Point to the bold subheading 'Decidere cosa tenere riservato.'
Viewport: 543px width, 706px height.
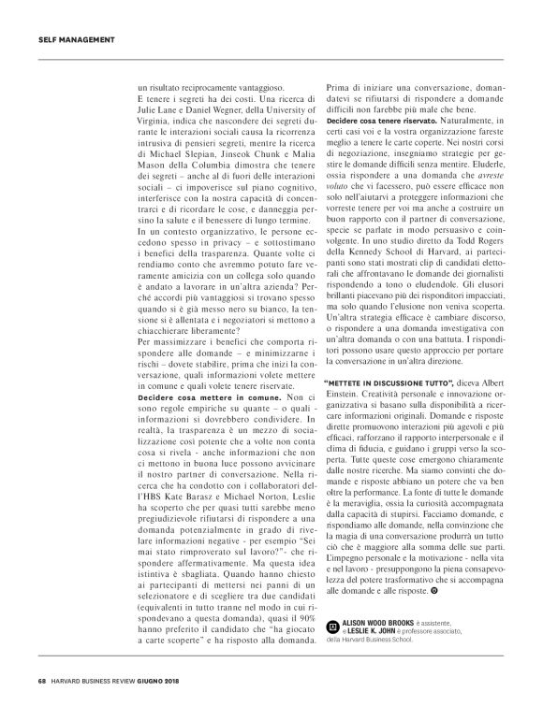tap(382, 122)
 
